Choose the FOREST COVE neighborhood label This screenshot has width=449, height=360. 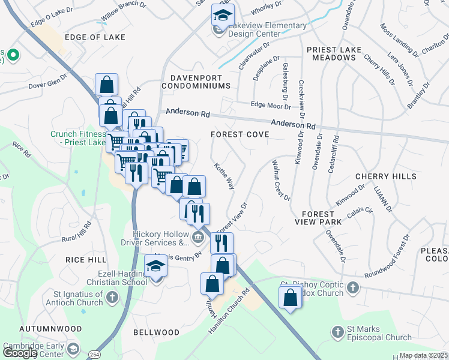click(240, 134)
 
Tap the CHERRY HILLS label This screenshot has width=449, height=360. click(385, 176)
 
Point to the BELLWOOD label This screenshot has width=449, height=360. click(156, 332)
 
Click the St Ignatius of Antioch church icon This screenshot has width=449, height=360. click(112, 296)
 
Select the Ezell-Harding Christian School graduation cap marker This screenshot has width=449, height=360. click(155, 265)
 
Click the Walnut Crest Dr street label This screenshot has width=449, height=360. click(281, 180)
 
